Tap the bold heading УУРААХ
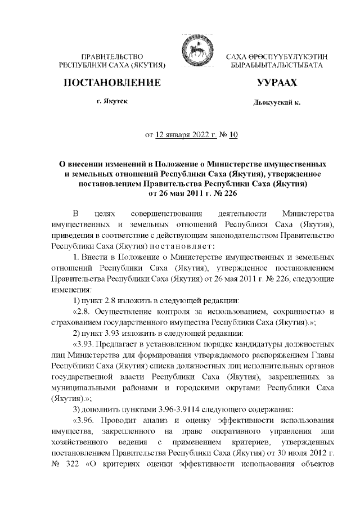coord(276,83)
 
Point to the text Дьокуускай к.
coord(276,103)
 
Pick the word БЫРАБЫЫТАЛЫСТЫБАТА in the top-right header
coord(277,66)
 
